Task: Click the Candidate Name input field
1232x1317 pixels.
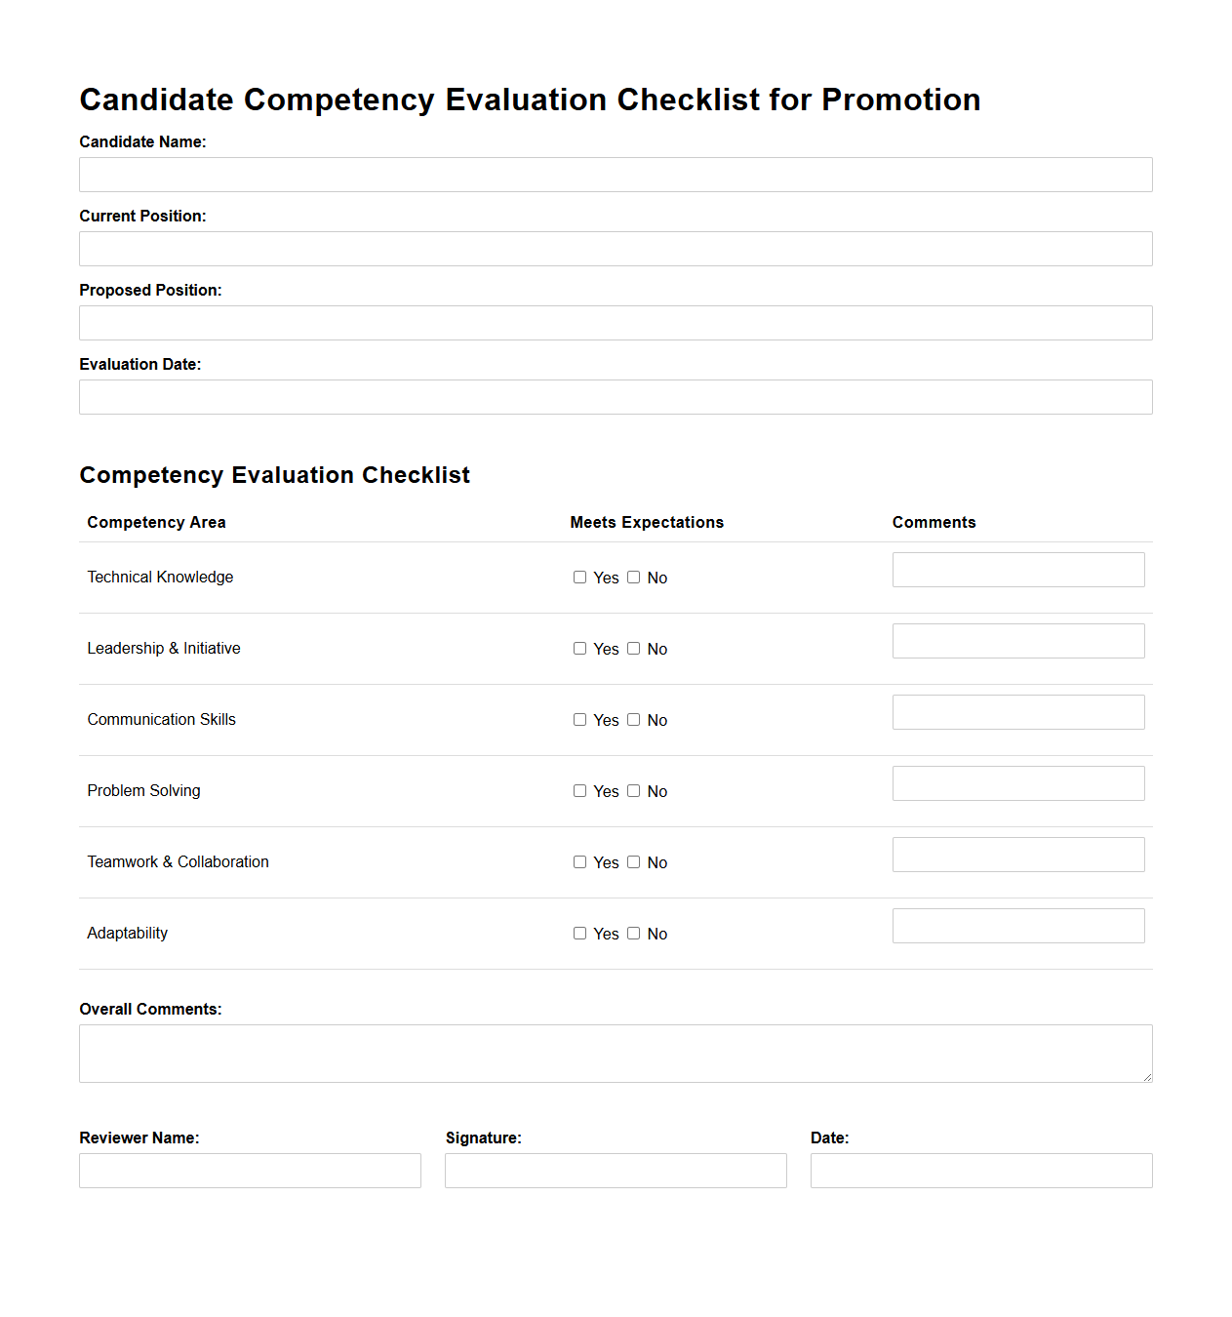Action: [x=616, y=175]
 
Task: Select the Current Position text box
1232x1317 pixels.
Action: [x=616, y=249]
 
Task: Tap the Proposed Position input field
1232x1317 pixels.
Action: [x=616, y=323]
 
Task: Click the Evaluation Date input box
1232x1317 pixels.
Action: [x=616, y=397]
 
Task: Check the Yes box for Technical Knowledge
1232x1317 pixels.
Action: [x=579, y=578]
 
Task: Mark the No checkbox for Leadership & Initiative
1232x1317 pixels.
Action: [x=634, y=649]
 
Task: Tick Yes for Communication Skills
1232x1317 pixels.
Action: [x=579, y=720]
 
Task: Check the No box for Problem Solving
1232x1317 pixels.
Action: [x=634, y=791]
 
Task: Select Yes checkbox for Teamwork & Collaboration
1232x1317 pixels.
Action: [x=579, y=862]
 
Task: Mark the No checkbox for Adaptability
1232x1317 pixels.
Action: [x=634, y=934]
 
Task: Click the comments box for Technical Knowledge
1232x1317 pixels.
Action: [x=1018, y=570]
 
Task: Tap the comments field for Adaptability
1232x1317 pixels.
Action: [x=1018, y=926]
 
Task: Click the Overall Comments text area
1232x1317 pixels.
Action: [x=616, y=1054]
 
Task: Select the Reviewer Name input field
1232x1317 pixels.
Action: [x=250, y=1171]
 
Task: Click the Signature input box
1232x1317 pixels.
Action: [x=616, y=1171]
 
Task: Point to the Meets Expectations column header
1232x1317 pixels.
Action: [x=647, y=523]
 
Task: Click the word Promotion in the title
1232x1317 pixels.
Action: [x=900, y=100]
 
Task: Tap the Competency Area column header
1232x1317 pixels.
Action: [x=156, y=523]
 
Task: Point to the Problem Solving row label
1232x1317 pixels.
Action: [x=143, y=791]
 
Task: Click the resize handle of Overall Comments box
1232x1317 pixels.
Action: [x=1147, y=1077]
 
